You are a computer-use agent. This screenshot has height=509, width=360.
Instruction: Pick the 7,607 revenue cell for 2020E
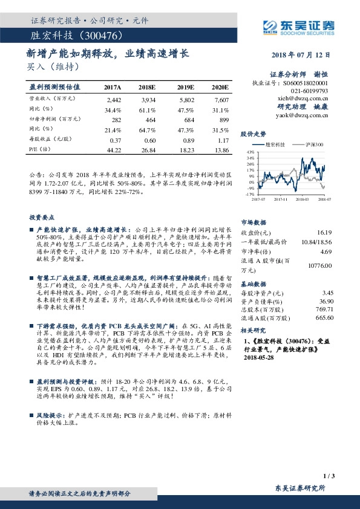pyautogui.click(x=221, y=99)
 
